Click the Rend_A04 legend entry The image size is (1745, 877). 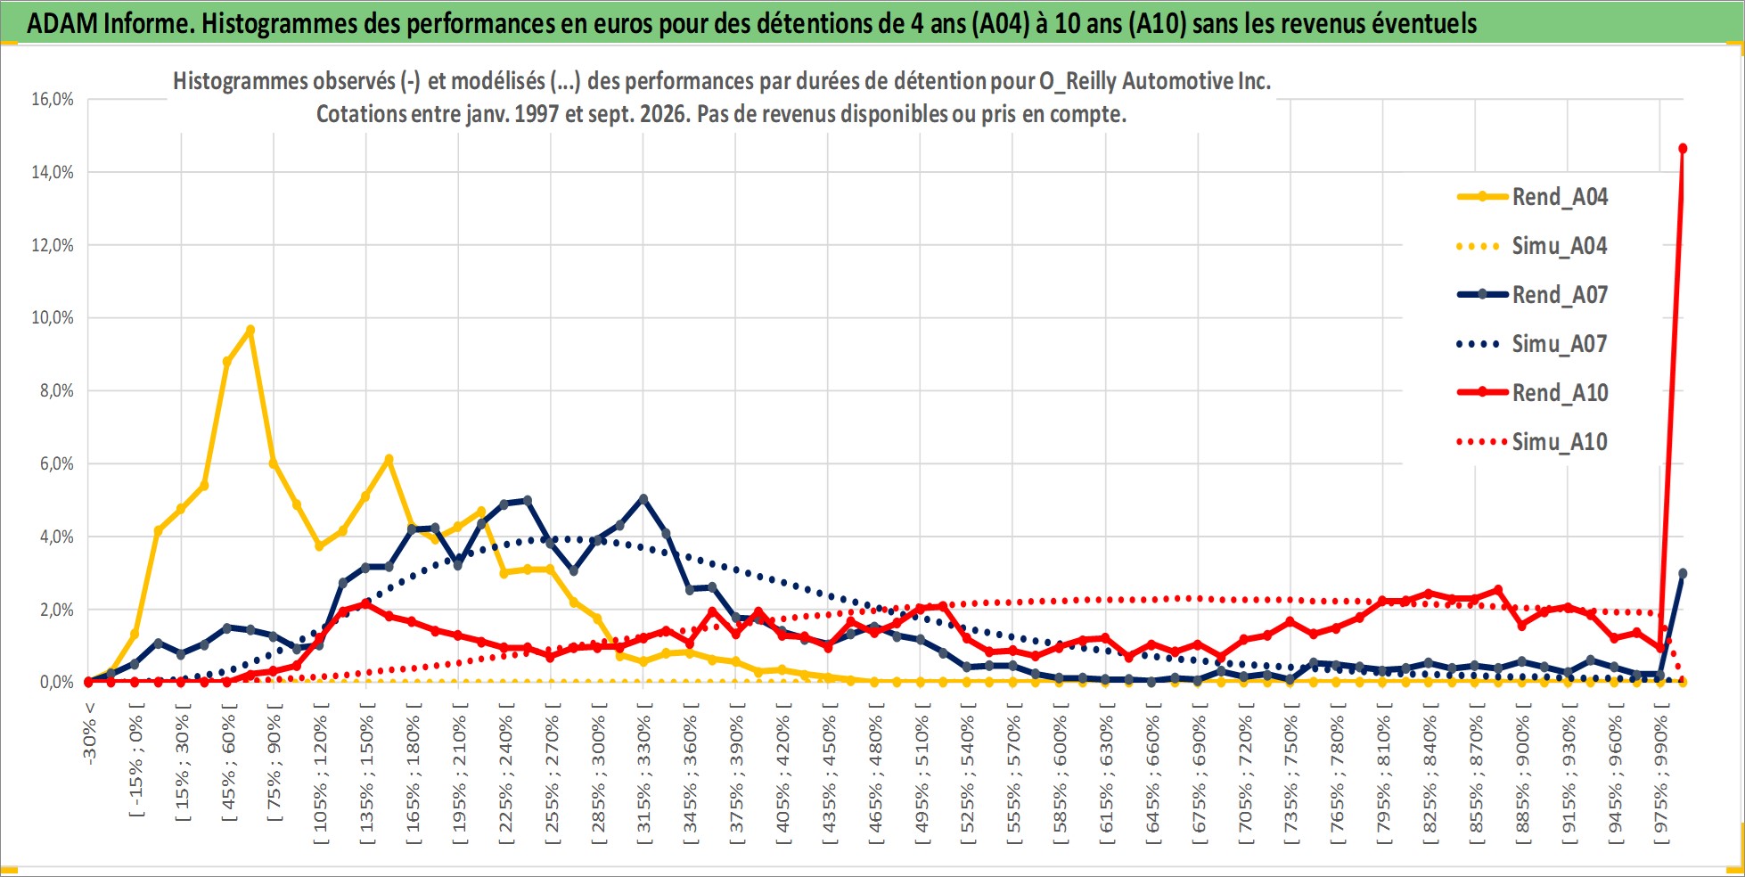(1532, 197)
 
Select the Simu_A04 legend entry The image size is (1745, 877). (1532, 246)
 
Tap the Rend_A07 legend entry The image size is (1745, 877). (1532, 295)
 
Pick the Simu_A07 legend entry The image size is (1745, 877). (1532, 344)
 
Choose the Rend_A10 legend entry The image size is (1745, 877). (1532, 393)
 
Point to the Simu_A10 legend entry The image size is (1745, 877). (1532, 442)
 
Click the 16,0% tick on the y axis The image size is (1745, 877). (53, 99)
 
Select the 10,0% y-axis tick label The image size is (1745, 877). (53, 318)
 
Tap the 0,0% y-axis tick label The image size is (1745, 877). (57, 683)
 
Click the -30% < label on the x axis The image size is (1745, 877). (89, 733)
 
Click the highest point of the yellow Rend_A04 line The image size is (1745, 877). (250, 330)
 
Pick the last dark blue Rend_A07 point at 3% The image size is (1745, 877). (1683, 574)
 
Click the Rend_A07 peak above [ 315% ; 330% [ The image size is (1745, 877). (643, 499)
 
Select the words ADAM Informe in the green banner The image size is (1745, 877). (111, 23)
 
